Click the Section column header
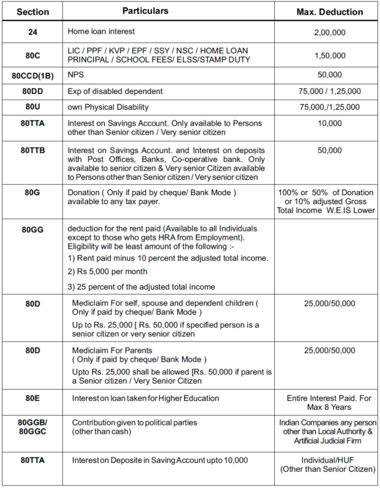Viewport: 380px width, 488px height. tap(32, 12)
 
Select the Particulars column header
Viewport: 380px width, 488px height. tap(145, 10)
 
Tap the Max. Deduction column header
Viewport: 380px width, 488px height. tap(329, 12)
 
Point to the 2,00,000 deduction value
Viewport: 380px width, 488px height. tap(329, 33)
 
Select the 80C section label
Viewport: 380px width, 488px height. tap(32, 55)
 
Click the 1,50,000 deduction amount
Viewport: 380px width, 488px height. tap(329, 56)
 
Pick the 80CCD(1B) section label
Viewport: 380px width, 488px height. tap(32, 75)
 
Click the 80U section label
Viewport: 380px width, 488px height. tap(32, 107)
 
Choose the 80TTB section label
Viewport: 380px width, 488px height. tap(32, 150)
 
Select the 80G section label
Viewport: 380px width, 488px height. tap(32, 193)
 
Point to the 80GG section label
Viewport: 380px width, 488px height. tap(32, 229)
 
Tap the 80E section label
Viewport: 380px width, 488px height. tap(32, 398)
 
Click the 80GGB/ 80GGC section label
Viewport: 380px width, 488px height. tap(32, 427)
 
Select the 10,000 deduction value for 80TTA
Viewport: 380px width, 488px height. tap(329, 123)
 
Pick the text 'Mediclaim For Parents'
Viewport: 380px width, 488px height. tap(112, 350)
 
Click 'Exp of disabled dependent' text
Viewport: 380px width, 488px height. tap(115, 91)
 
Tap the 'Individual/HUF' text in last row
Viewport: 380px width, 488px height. tap(328, 460)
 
